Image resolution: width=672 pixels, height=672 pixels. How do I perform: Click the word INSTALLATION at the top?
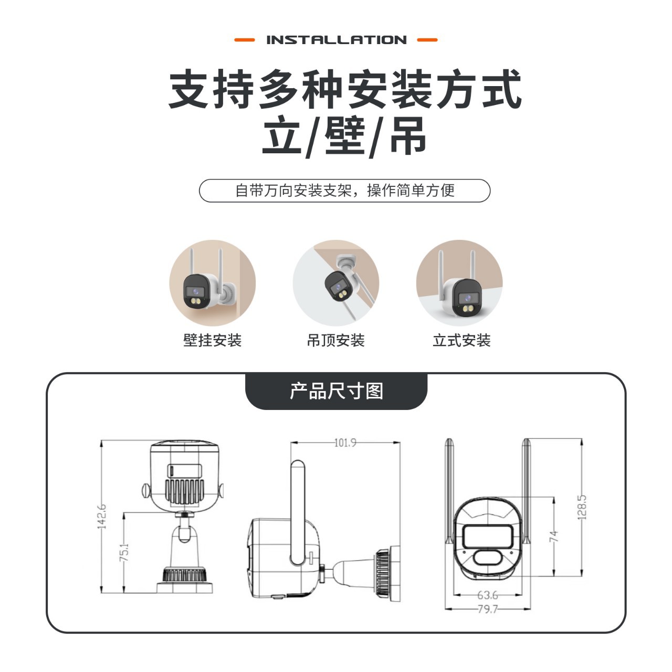tap(336, 40)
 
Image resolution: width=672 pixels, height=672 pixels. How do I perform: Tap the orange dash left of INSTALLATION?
tap(244, 40)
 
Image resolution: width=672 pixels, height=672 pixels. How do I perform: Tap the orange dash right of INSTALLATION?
tap(427, 40)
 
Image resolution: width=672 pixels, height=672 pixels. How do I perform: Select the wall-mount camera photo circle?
tap(212, 283)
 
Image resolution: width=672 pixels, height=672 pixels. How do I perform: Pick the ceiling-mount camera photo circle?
tap(335, 283)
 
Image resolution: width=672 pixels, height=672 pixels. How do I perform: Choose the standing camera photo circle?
tap(459, 283)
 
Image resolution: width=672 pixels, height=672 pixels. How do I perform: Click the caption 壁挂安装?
tap(212, 340)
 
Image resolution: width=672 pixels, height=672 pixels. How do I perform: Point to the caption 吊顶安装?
tap(335, 340)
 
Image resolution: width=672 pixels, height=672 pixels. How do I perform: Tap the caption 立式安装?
tap(461, 340)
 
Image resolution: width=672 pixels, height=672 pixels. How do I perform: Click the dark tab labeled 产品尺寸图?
tap(336, 391)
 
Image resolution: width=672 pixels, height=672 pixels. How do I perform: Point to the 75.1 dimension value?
tap(124, 553)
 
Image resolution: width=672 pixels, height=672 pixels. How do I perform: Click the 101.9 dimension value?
tap(345, 443)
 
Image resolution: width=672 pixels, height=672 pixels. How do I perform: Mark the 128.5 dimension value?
tap(582, 507)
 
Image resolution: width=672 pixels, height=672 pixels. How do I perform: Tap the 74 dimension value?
tap(554, 536)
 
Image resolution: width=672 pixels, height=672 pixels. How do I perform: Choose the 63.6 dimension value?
tap(488, 595)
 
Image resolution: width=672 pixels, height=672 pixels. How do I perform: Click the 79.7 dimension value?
tap(488, 609)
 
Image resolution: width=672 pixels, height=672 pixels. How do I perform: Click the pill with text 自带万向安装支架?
tap(344, 191)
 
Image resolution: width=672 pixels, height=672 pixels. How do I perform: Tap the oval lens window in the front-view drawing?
tap(487, 557)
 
